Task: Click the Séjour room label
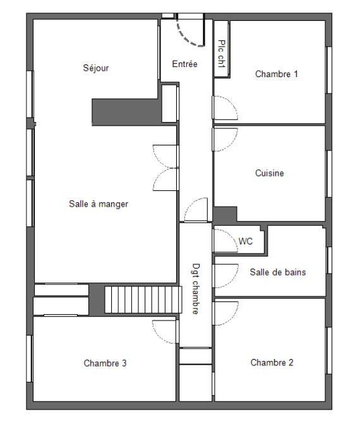pos(96,68)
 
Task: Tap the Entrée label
pos(184,64)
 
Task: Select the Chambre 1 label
pos(276,74)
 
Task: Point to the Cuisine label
pos(269,173)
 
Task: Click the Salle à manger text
pos(99,204)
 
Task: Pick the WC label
pos(246,241)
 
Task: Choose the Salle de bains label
pos(278,272)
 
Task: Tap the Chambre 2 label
pos(272,363)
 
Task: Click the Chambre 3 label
pos(105,363)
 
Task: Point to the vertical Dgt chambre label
pos(196,289)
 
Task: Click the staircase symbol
pos(129,300)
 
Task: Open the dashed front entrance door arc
pos(190,33)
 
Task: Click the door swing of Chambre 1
pos(225,108)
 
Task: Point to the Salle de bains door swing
pos(225,275)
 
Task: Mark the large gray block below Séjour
pos(125,111)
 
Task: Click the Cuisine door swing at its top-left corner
pos(225,139)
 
